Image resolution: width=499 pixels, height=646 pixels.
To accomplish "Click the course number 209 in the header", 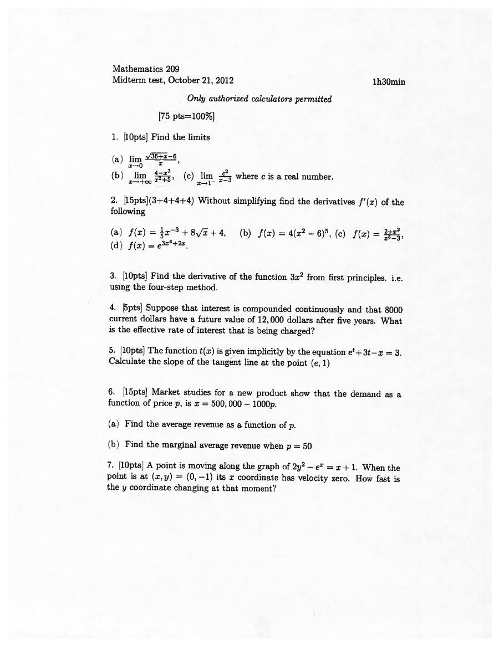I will tap(172, 69).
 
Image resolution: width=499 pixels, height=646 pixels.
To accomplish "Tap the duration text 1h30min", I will tap(389, 81).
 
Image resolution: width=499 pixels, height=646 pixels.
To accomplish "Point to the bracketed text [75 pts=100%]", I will tap(186, 116).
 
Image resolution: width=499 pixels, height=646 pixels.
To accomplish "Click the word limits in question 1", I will tap(199, 137).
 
